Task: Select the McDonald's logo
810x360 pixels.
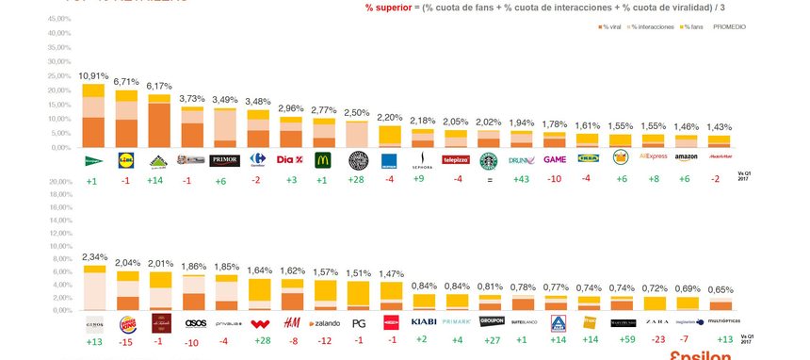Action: click(323, 160)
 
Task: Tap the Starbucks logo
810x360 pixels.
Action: click(489, 160)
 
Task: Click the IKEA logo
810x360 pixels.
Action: click(589, 159)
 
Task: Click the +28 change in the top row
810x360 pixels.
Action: click(357, 180)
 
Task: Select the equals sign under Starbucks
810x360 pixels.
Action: click(489, 180)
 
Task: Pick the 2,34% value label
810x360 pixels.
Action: click(93, 255)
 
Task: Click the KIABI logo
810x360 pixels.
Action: click(423, 322)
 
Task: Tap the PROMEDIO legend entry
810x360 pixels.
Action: click(730, 27)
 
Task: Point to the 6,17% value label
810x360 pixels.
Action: click(158, 85)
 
